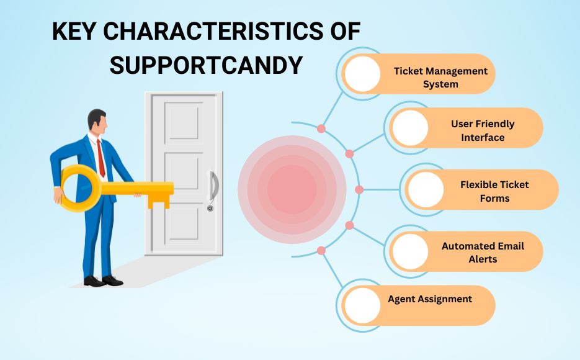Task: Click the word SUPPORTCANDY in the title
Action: click(207, 66)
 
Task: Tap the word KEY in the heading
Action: click(74, 31)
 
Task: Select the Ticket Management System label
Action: click(440, 78)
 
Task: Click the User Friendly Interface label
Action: click(483, 130)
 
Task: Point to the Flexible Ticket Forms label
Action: click(494, 191)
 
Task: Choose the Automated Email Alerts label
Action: click(483, 253)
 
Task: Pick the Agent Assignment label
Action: click(430, 299)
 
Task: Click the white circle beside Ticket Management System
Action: click(362, 74)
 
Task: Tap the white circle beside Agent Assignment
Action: click(362, 305)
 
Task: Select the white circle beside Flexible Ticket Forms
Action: click(426, 189)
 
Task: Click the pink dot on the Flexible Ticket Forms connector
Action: click(359, 190)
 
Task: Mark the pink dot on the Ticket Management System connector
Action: click(321, 128)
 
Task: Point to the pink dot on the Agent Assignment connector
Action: click(321, 251)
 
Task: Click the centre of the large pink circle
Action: click(292, 190)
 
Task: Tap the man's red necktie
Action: click(100, 158)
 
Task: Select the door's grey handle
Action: click(214, 186)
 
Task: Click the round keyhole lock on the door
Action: click(210, 209)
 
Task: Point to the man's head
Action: click(97, 122)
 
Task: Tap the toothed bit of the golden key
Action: click(159, 202)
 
